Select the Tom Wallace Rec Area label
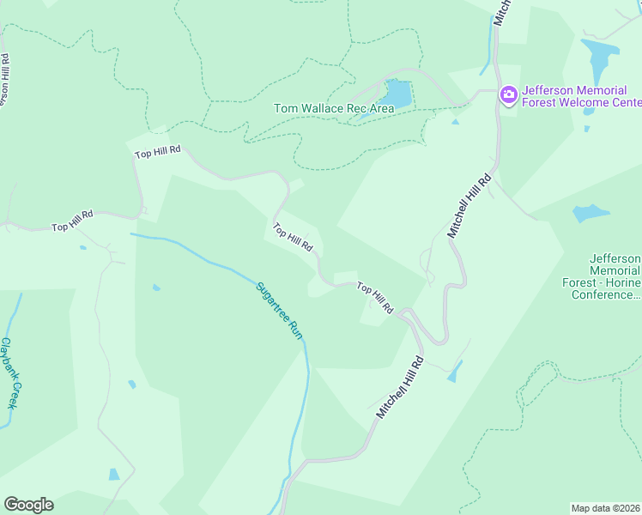333,109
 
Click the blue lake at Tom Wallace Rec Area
397,94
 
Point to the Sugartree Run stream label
281,309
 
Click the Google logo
28,505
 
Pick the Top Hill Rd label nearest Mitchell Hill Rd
375,297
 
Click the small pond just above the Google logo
114,474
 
